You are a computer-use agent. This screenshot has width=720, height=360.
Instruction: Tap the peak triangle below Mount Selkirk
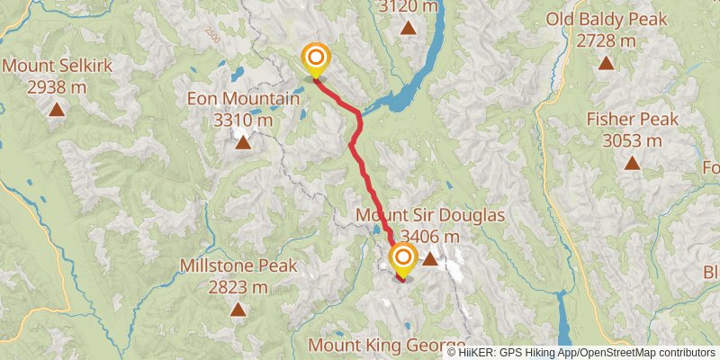[x=57, y=109]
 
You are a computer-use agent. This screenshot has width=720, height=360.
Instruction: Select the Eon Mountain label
[x=242, y=99]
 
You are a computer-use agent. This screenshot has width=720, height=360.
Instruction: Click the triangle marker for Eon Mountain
[x=242, y=141]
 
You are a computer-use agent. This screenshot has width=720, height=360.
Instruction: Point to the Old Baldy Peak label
[x=606, y=20]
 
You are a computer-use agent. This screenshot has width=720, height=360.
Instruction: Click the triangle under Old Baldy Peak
[x=606, y=63]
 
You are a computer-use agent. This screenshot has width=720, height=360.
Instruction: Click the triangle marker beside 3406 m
[x=430, y=259]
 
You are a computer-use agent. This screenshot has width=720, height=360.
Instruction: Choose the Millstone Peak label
[x=238, y=265]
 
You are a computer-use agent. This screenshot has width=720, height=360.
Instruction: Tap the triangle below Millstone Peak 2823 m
[x=238, y=310]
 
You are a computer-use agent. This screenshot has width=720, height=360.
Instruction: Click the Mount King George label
[x=387, y=345]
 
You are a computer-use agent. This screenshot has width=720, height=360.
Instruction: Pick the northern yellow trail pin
[x=316, y=61]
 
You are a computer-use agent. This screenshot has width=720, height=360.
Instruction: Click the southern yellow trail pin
[x=402, y=262]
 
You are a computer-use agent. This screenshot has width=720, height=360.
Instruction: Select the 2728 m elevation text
[x=606, y=40]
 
